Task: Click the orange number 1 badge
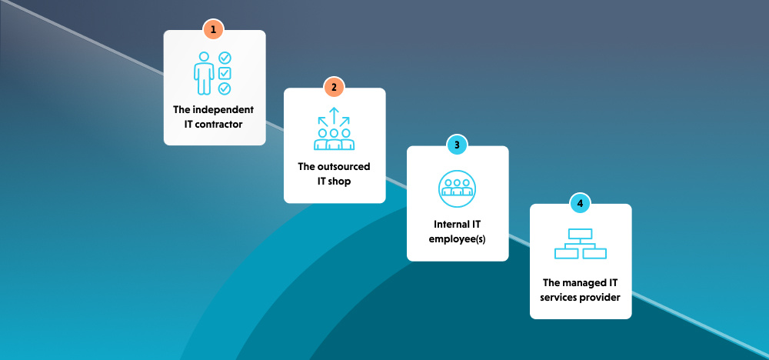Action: point(214,30)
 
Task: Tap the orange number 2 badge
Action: point(334,87)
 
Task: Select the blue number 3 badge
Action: point(457,145)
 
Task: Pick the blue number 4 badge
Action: point(580,204)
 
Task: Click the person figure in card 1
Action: point(204,73)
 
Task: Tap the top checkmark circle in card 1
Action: point(225,58)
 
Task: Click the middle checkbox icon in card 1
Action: point(225,73)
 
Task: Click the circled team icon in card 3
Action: point(457,188)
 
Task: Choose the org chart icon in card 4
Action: point(581,245)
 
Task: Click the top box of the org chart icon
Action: point(581,234)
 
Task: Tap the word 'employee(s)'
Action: point(457,238)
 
